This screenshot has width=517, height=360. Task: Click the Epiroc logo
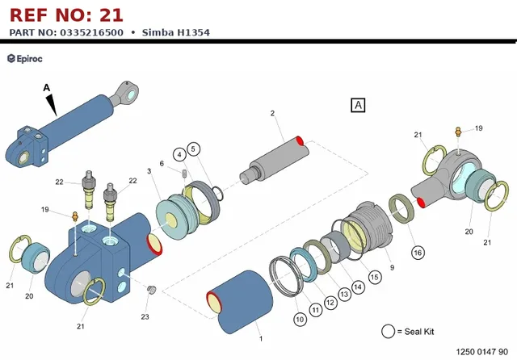coord(25,59)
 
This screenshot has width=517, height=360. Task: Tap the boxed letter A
coord(358,105)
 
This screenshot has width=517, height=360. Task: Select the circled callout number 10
coord(300,319)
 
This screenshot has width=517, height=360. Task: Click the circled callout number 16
coord(418,253)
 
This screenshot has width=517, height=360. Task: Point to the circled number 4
coord(179,154)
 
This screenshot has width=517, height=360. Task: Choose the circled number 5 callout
coord(193,149)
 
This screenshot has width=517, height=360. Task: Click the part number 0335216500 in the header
coord(91,32)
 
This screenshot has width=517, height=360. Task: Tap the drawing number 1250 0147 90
coord(481,352)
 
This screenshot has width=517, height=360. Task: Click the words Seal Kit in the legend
coord(419,331)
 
